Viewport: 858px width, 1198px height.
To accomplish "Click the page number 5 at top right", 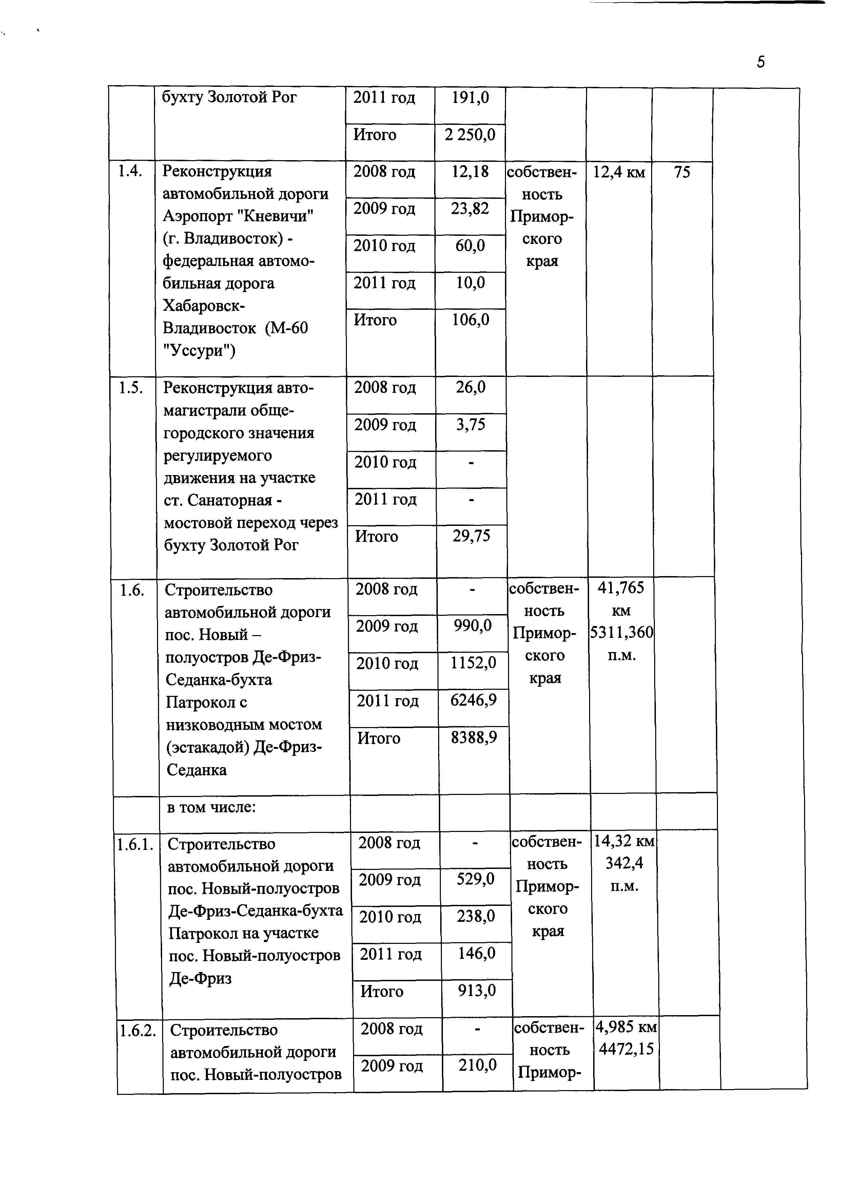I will (760, 62).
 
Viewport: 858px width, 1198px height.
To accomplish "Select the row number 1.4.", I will (130, 171).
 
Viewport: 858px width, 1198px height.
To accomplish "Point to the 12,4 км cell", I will (619, 172).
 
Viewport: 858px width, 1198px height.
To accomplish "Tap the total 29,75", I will (471, 536).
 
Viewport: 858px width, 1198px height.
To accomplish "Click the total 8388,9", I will (474, 737).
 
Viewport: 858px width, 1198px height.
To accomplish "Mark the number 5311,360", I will (621, 632).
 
